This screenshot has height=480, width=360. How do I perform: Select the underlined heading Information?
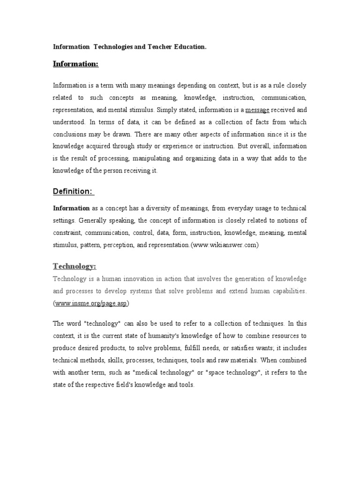tap(75, 64)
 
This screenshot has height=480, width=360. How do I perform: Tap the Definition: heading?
tap(74, 191)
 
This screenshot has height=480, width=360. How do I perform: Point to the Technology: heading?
tap(74, 266)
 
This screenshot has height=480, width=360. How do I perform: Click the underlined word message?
tap(257, 110)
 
